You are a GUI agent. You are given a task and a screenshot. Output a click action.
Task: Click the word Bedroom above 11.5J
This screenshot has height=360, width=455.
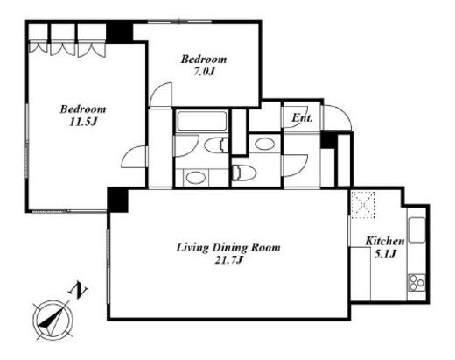click(x=83, y=109)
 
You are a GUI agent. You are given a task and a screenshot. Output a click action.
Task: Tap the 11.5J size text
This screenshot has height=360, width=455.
click(x=82, y=122)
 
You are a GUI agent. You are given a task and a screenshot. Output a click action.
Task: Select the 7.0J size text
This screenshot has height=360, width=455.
click(x=204, y=72)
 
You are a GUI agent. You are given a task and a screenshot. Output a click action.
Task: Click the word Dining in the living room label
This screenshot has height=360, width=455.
click(x=228, y=248)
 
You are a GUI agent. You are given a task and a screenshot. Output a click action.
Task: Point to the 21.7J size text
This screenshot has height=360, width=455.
click(x=228, y=260)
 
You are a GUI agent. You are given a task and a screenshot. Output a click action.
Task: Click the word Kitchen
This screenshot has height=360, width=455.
click(x=385, y=241)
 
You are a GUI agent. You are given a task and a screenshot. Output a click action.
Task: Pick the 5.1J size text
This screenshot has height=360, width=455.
click(x=385, y=254)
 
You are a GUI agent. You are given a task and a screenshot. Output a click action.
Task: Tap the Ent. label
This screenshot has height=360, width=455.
click(x=303, y=118)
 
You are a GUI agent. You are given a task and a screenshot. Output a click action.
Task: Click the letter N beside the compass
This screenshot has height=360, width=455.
click(x=78, y=291)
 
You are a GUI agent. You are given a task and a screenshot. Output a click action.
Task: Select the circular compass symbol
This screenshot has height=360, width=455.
click(x=52, y=321)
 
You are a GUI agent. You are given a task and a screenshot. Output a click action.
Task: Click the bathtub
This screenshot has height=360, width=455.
click(x=202, y=121)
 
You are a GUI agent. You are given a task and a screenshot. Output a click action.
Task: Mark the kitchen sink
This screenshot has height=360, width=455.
click(x=416, y=230)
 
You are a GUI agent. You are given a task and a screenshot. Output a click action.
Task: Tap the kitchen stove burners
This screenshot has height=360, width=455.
click(x=416, y=283)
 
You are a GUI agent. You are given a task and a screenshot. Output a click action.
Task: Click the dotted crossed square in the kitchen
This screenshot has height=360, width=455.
click(x=363, y=204)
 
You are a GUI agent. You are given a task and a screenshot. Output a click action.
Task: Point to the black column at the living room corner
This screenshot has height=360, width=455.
click(x=118, y=200)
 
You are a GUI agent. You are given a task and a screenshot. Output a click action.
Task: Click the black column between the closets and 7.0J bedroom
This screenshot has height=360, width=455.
click(x=120, y=32)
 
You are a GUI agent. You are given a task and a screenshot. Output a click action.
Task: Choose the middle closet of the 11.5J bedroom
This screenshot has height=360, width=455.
click(x=63, y=39)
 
